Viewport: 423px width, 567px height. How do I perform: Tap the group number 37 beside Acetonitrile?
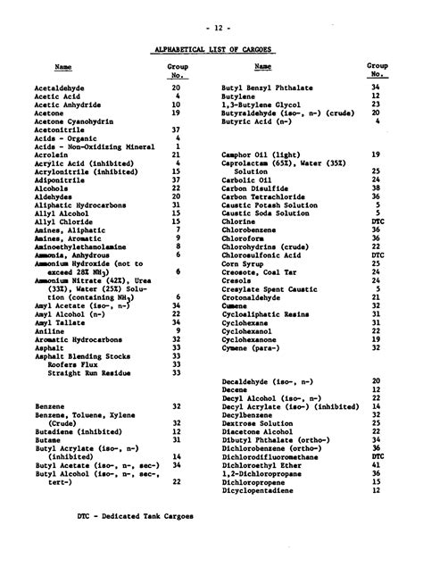[x=176, y=129]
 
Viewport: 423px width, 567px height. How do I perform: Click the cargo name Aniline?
[x=48, y=330]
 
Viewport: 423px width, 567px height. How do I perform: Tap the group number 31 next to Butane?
[x=176, y=439]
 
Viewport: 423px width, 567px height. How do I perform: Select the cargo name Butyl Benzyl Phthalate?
[x=267, y=88]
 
